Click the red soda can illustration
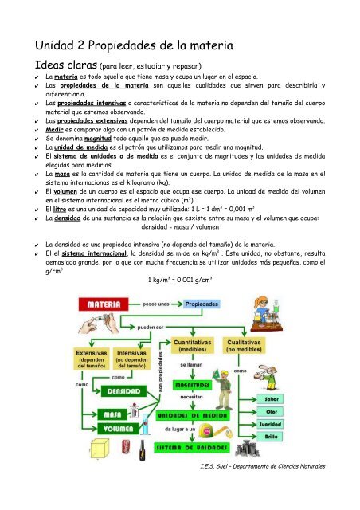click(x=126, y=453)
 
